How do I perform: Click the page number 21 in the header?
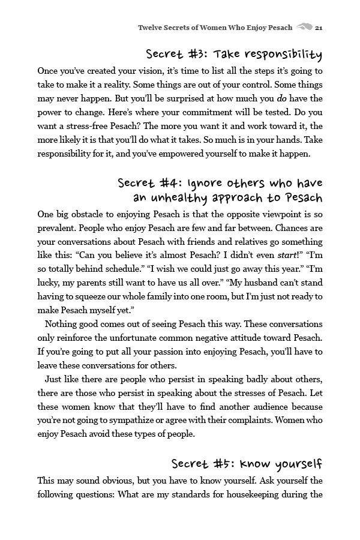coord(319,27)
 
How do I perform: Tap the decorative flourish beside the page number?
coord(304,27)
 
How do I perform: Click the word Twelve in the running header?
coord(150,27)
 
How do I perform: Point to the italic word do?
coord(281,98)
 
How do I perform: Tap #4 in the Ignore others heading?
coord(170,182)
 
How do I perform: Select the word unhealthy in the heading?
coord(181,197)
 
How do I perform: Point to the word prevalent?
coord(58,228)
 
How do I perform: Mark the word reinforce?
coord(79,338)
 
